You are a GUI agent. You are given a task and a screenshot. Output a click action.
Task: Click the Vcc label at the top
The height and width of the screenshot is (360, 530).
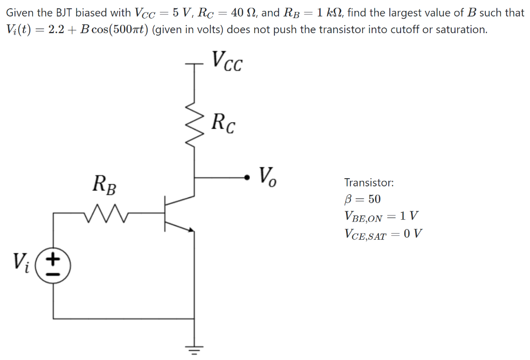[226, 62]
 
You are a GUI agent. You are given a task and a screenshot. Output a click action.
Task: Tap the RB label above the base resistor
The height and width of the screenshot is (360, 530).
[105, 183]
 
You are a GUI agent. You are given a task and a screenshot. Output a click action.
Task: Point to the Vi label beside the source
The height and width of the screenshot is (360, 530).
[22, 263]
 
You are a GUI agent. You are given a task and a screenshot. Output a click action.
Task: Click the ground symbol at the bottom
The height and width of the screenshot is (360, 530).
[194, 350]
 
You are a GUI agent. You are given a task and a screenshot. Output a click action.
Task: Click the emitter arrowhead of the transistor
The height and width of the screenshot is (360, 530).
[192, 230]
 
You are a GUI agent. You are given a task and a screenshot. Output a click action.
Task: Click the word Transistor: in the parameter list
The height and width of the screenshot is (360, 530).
[369, 182]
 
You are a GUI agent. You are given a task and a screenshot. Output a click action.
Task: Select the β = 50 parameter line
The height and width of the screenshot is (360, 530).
[362, 199]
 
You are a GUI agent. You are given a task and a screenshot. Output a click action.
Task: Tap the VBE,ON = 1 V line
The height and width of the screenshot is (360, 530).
[381, 217]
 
